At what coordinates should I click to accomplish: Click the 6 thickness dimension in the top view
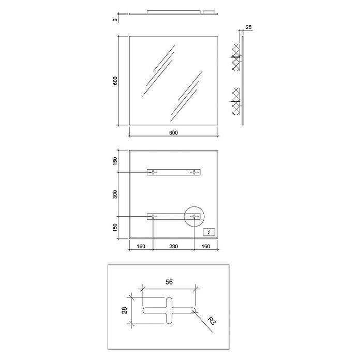point(115,20)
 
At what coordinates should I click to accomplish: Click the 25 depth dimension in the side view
point(249,27)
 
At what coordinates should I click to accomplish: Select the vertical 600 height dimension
point(115,81)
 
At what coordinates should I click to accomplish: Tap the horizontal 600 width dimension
point(174,133)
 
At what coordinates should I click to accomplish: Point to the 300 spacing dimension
point(115,194)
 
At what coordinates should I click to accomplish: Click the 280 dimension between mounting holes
point(174,246)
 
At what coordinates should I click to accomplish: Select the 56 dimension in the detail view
point(169,282)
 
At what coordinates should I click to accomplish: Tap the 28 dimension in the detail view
point(125,311)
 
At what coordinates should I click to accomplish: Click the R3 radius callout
point(212,321)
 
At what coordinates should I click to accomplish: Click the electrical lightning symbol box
point(209,232)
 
